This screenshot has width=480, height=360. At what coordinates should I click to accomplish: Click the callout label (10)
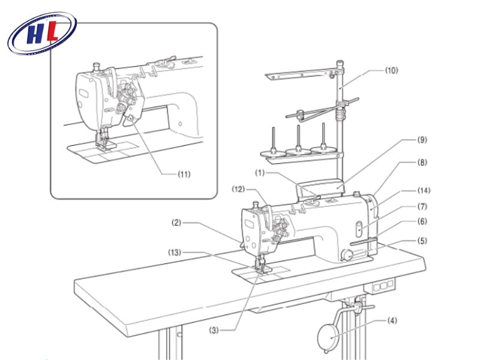click(x=392, y=70)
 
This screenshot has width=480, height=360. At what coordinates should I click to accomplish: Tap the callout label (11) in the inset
click(x=184, y=174)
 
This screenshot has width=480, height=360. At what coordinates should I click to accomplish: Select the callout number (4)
click(x=392, y=320)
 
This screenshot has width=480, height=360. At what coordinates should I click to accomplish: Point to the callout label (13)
click(x=175, y=253)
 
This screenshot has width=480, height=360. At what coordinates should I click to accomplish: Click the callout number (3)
click(x=214, y=331)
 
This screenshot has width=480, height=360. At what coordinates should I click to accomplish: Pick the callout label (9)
click(x=422, y=140)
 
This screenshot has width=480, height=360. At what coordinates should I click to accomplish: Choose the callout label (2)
click(x=176, y=223)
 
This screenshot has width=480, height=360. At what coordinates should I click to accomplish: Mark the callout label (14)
click(x=424, y=190)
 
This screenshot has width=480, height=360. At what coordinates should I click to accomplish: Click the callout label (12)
click(x=238, y=189)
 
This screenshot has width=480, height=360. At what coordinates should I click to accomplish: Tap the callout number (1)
click(x=260, y=173)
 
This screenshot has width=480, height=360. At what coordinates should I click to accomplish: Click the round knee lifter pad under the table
click(x=328, y=337)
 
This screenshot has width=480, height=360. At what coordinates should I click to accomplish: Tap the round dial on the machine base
click(x=347, y=254)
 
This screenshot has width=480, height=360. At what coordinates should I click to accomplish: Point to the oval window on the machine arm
click(x=359, y=229)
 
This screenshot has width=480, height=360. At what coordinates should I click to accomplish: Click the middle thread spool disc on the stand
click(x=298, y=151)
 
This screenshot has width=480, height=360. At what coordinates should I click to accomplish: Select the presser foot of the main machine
click(x=262, y=267)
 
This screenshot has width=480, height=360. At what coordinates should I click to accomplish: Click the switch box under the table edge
click(x=380, y=286)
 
